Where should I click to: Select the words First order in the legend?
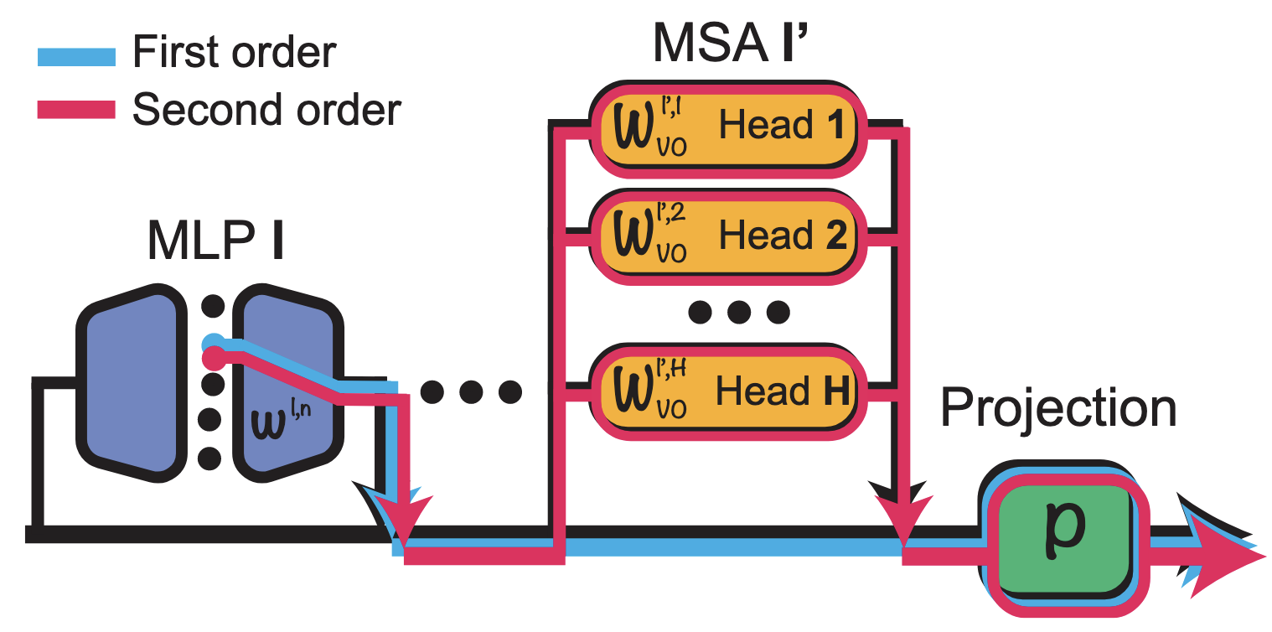pos(235,53)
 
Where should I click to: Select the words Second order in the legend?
pos(267,109)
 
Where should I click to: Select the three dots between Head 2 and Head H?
pos(737,313)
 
